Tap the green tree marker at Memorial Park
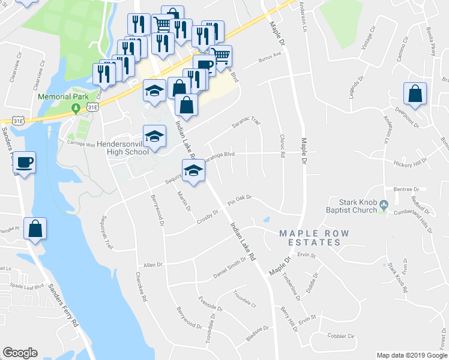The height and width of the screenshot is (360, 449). (x=76, y=109)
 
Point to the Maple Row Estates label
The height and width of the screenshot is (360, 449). (x=309, y=238)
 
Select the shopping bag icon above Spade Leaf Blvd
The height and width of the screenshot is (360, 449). (x=35, y=230)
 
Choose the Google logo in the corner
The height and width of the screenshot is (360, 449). (x=20, y=353)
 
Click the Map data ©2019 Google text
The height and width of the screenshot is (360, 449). (x=411, y=355)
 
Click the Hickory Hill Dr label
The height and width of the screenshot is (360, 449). (x=410, y=162)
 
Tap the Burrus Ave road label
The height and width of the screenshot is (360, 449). (x=270, y=58)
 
